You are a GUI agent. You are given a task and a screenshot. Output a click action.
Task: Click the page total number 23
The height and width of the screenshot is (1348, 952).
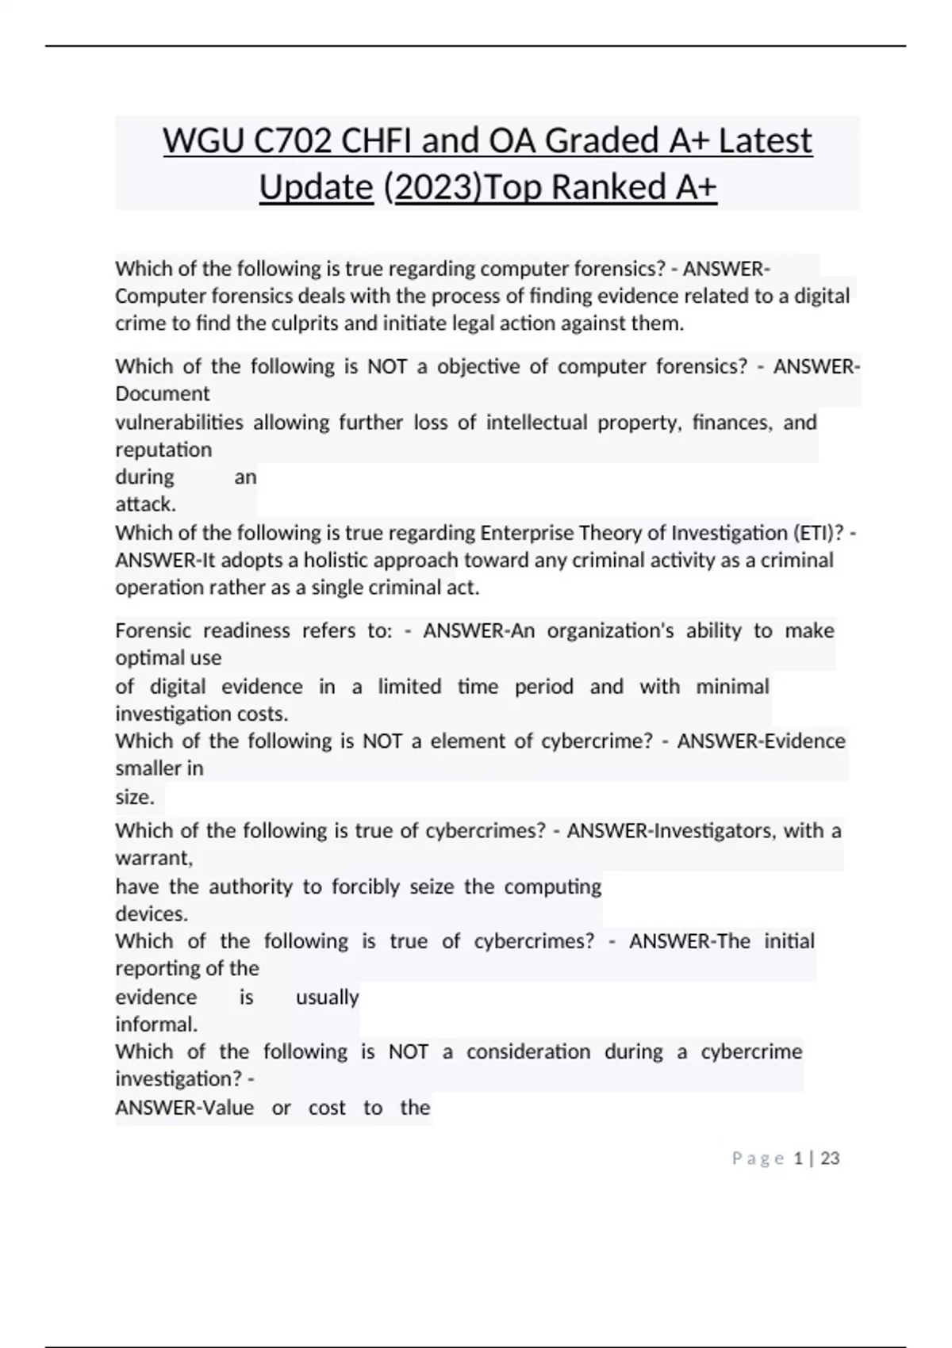coord(830,1158)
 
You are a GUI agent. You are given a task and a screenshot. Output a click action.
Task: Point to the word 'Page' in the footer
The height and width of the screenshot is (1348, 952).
coord(758,1158)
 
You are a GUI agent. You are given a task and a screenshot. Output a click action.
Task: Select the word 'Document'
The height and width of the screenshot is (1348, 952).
coord(163,394)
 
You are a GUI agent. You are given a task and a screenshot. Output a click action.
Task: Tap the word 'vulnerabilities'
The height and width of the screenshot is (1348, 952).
coord(179,422)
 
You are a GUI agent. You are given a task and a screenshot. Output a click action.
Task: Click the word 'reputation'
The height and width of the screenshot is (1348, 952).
coord(163,450)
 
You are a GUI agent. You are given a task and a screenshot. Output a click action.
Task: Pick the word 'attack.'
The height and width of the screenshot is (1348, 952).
coord(146,504)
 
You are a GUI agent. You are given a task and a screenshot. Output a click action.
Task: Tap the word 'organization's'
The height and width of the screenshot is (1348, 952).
coord(611,630)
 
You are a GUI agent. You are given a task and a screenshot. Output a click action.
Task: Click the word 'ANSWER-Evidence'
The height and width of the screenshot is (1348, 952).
coord(761,741)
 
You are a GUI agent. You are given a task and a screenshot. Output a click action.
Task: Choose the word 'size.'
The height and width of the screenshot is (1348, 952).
coord(135,797)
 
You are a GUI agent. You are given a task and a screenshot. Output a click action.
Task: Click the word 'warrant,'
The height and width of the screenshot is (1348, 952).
coord(154,858)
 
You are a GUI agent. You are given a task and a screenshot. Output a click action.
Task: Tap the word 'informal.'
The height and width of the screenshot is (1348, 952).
coord(156,1024)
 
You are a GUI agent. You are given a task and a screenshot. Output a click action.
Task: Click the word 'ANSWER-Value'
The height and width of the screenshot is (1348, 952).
coord(185,1108)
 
